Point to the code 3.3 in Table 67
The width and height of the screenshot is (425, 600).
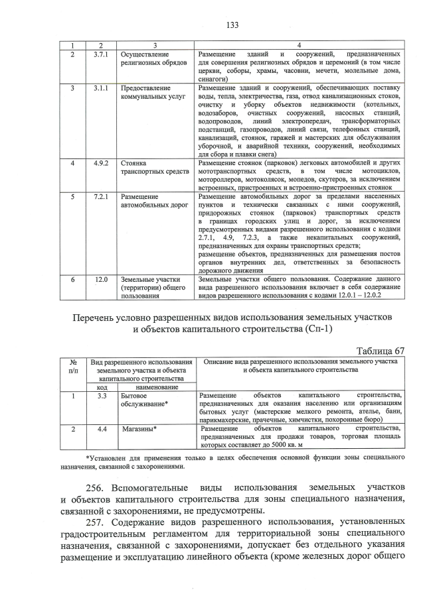[x=102, y=396]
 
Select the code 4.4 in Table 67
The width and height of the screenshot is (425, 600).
[x=102, y=429]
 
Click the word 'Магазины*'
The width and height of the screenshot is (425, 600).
[x=139, y=429]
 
